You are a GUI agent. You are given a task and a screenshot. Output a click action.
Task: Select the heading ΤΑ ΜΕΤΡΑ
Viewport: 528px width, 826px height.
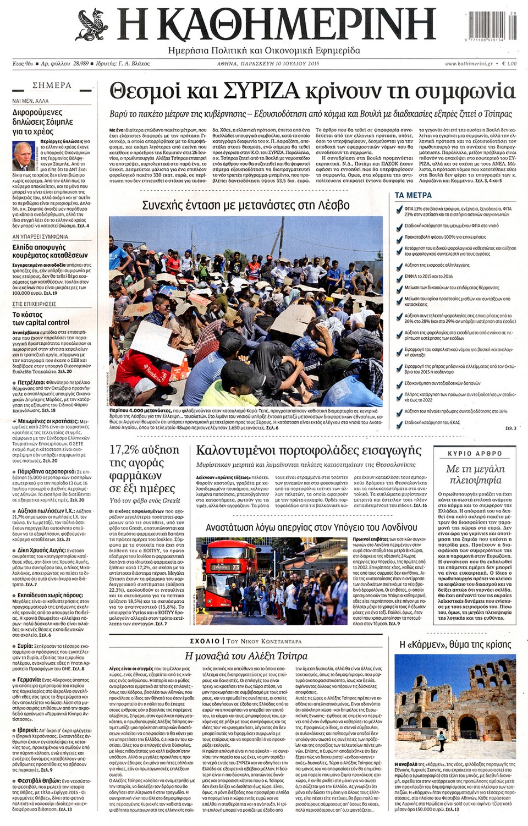click(x=413, y=195)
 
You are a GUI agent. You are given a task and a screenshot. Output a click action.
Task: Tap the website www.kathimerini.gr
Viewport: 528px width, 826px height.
click(x=469, y=64)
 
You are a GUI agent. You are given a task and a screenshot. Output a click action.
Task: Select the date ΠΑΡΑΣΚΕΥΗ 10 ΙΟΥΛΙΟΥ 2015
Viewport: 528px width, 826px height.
click(x=280, y=64)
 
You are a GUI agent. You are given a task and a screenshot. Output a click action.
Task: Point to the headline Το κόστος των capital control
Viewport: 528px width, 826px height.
click(x=41, y=318)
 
